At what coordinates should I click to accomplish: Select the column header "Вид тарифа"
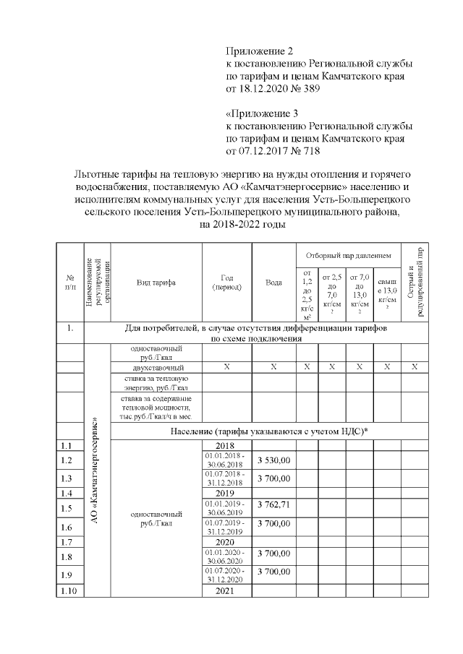coord(156,282)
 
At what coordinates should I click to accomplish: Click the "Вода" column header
coord(273,282)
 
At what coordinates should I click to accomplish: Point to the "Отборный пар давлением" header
coord(348,255)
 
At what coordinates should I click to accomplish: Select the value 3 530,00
coord(273,460)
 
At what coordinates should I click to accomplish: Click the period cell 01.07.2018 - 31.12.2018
coord(226,478)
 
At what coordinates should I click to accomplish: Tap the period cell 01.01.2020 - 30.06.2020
coord(226,556)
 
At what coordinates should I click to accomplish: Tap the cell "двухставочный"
coord(156,367)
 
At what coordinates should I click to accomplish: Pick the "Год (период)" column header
coord(226,282)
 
